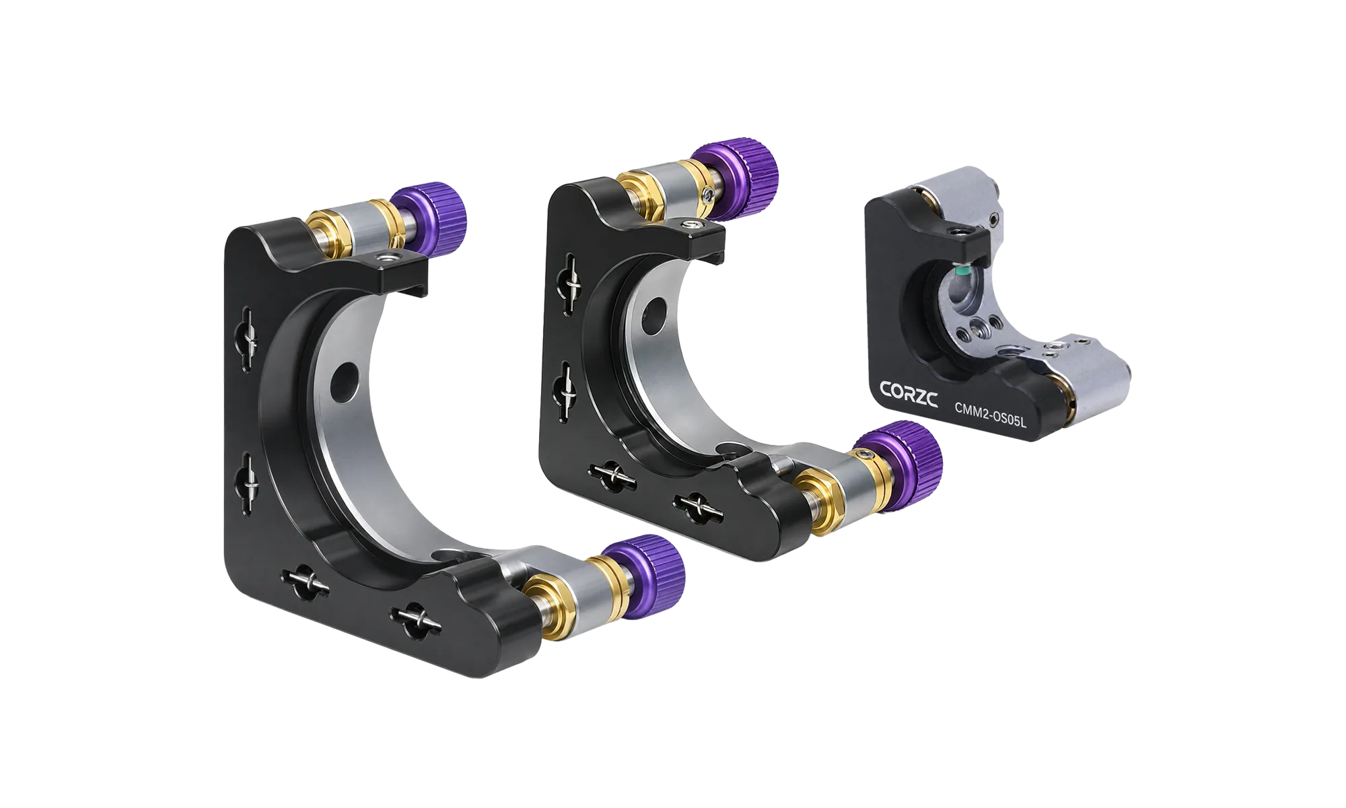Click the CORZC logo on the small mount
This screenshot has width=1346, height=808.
click(x=909, y=393)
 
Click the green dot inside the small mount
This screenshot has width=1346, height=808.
click(x=964, y=271)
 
